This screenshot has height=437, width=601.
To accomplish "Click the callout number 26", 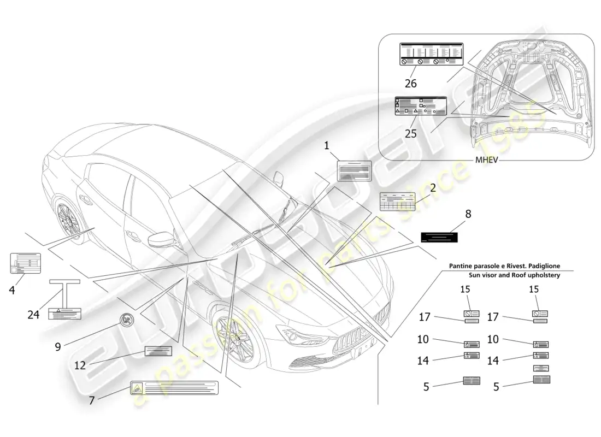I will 410,84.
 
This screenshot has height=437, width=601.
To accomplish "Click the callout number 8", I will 468,214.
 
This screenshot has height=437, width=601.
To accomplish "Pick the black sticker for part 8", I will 439,237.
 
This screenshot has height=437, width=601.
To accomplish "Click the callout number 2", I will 432,187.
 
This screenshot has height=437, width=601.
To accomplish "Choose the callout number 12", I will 80,365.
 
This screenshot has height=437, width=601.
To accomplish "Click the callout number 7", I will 91,400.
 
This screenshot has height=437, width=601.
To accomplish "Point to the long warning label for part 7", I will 174,388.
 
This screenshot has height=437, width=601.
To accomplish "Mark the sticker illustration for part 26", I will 431,55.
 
